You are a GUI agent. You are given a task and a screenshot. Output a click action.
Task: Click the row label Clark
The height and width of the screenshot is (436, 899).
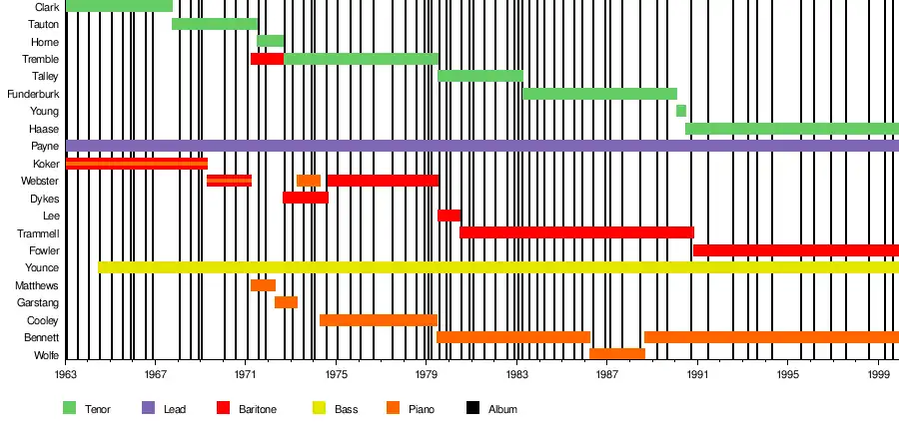click(45, 7)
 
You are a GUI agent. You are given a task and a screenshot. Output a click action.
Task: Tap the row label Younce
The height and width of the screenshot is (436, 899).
click(42, 268)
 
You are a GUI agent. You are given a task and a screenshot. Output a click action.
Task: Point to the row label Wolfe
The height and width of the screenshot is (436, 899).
click(46, 355)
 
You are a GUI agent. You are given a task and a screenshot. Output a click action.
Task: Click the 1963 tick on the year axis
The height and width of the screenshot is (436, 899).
click(66, 375)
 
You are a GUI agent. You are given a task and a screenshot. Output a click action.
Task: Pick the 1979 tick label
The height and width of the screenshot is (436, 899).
click(428, 375)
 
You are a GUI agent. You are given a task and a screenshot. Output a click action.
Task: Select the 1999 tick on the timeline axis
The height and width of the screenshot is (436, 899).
click(879, 375)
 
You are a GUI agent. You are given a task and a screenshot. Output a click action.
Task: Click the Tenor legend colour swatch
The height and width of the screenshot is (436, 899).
click(70, 408)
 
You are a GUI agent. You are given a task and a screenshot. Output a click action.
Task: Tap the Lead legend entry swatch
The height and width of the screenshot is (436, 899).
click(149, 408)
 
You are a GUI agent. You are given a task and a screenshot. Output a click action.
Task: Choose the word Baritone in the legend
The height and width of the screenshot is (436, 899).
click(258, 409)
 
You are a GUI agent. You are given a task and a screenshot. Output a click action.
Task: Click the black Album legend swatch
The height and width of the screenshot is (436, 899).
click(473, 408)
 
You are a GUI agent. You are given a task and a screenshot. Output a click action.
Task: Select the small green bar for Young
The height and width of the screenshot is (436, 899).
click(681, 111)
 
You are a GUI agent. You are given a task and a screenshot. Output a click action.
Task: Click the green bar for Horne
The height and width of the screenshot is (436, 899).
click(270, 41)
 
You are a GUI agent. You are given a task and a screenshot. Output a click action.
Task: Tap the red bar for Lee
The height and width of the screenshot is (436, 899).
click(449, 216)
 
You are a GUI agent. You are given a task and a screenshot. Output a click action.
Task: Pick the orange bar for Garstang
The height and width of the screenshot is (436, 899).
click(286, 302)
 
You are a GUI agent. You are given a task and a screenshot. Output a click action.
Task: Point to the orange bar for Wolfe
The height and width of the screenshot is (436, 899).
click(616, 354)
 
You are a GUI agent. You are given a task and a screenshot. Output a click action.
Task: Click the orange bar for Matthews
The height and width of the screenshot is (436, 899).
click(263, 285)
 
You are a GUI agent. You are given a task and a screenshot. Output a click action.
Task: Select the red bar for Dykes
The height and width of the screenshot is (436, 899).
click(305, 198)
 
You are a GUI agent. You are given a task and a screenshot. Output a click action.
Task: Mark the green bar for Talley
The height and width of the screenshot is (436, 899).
click(479, 76)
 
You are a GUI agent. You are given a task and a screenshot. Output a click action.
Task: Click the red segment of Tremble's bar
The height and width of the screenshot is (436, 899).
click(267, 59)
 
